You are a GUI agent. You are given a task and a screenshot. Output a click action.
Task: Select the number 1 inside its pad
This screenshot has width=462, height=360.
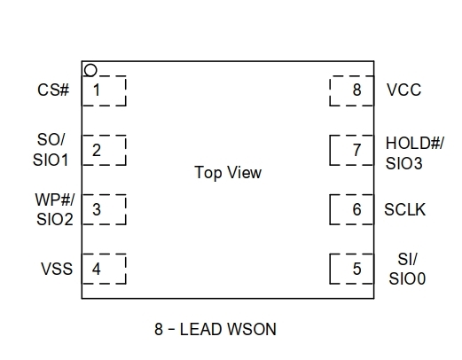(x=97, y=90)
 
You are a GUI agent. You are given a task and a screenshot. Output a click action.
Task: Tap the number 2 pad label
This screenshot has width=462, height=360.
(x=97, y=150)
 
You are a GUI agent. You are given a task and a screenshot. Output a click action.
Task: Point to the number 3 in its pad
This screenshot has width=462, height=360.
(x=97, y=209)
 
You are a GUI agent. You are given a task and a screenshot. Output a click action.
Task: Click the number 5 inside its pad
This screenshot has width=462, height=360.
(x=356, y=269)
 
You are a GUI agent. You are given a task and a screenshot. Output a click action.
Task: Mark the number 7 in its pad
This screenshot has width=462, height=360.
(x=357, y=150)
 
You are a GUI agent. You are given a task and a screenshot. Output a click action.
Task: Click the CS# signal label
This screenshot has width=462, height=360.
(x=53, y=90)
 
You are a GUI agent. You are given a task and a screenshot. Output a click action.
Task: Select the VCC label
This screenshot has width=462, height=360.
(x=403, y=90)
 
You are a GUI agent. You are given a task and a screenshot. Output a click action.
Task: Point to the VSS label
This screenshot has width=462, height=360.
(x=57, y=269)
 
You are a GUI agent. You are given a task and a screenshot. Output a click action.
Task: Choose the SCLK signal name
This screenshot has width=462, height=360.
(x=404, y=210)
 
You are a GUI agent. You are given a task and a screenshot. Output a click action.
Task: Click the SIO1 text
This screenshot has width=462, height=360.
(x=51, y=160)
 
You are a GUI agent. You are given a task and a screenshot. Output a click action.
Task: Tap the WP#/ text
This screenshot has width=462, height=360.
(x=55, y=200)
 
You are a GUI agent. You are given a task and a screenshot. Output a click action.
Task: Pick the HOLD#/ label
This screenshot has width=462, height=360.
(x=415, y=144)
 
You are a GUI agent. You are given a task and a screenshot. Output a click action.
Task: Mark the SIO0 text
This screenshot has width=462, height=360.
(x=407, y=278)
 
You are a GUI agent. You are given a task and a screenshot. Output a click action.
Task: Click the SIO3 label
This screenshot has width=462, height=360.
(x=404, y=163)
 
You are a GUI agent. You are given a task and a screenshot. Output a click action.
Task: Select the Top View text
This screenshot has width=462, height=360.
(x=228, y=173)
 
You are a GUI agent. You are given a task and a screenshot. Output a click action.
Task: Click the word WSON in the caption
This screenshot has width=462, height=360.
(x=252, y=329)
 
